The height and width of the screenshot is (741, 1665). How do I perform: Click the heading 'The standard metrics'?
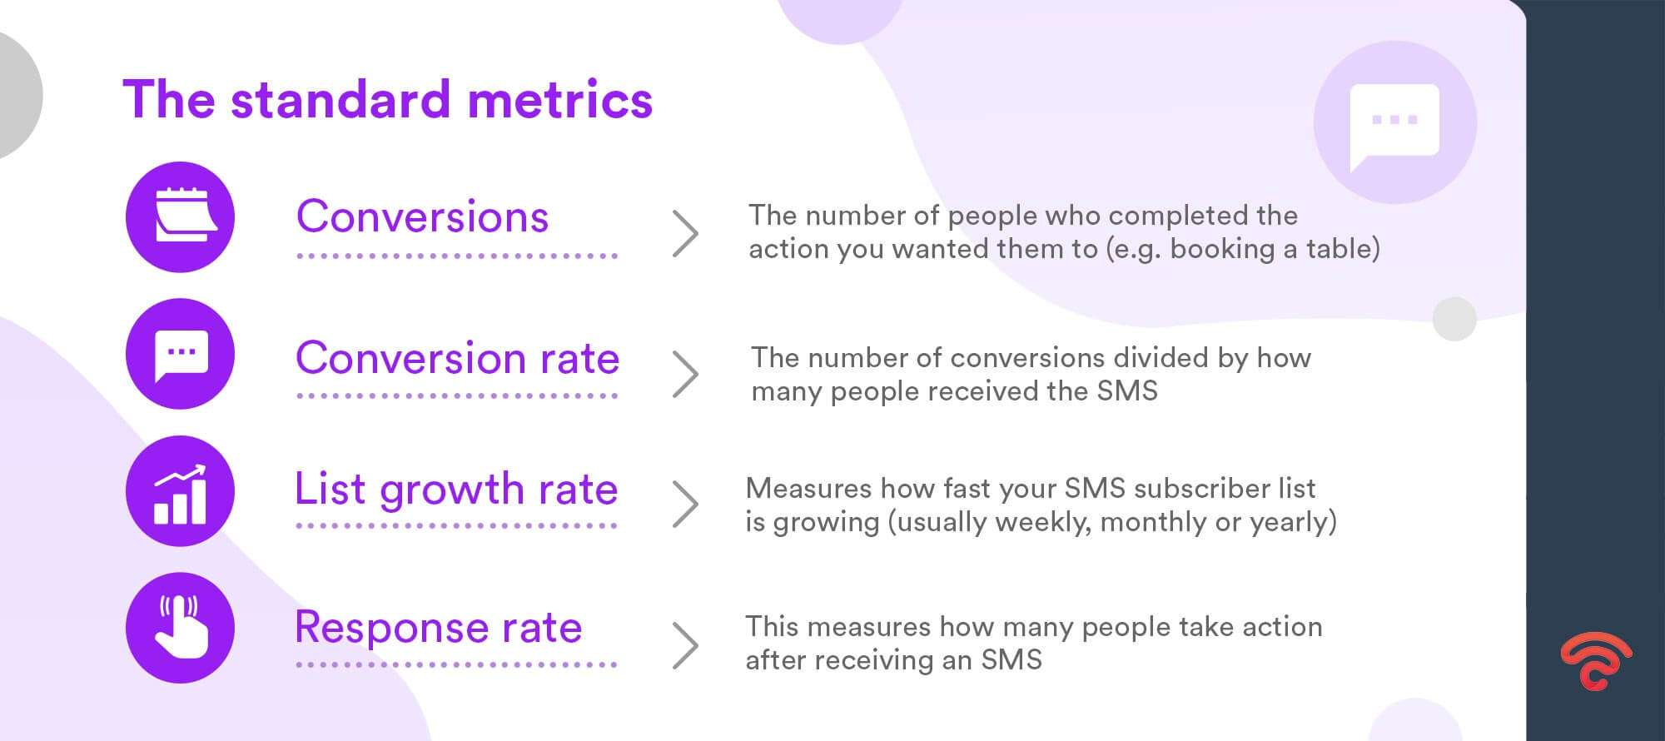click(x=387, y=100)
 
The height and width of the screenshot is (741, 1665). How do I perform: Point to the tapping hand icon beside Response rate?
click(x=180, y=628)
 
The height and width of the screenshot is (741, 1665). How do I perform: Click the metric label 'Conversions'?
click(x=422, y=217)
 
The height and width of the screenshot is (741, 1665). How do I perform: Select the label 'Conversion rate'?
click(x=457, y=359)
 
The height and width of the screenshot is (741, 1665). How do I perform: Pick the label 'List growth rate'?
click(x=456, y=490)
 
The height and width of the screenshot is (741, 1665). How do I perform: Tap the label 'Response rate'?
click(x=438, y=628)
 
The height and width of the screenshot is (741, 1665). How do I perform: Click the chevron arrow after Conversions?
click(x=686, y=234)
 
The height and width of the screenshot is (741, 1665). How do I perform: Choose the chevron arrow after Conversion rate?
click(x=686, y=374)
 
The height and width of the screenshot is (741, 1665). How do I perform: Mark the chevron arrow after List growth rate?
click(x=686, y=504)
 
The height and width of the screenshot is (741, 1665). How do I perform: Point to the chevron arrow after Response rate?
click(x=686, y=645)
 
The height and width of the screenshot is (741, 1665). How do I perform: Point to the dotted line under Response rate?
click(x=456, y=665)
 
